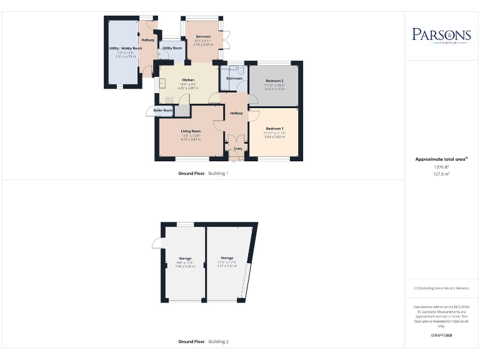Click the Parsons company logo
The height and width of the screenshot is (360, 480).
click(441, 35)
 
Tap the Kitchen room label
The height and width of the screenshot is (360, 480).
click(188, 80)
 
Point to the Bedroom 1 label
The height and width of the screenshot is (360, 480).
click(274, 129)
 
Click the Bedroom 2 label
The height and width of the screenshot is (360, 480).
click(274, 81)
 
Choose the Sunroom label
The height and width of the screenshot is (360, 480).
click(203, 37)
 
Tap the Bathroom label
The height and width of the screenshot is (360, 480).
click(234, 78)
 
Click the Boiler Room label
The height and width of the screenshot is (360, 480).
click(164, 110)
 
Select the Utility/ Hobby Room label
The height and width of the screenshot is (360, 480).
click(126, 47)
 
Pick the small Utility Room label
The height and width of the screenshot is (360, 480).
click(172, 47)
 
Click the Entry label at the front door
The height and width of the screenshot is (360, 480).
click(237, 149)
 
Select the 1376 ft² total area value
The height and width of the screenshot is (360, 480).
click(441, 167)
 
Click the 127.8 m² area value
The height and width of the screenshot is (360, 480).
click(441, 174)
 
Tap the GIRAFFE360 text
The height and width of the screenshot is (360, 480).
click(441, 336)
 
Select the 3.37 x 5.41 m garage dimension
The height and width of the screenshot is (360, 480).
click(226, 266)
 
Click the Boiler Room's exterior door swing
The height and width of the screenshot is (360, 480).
click(150, 111)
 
